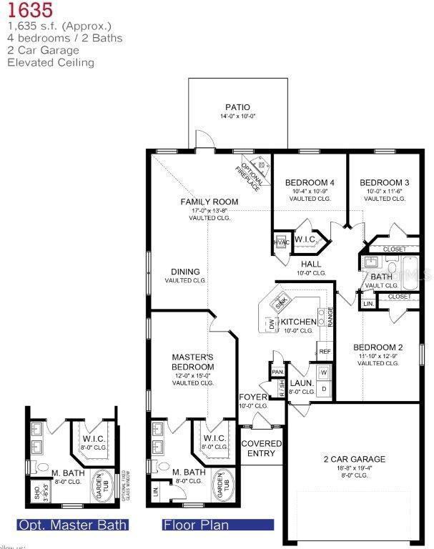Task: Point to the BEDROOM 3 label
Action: (384, 182)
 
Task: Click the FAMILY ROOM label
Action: (209, 202)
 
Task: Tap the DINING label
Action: (185, 272)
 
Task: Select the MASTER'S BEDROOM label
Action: (193, 362)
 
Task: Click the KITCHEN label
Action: (298, 322)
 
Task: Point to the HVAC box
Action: (280, 243)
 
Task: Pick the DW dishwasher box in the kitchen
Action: (272, 325)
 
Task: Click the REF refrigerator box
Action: (325, 352)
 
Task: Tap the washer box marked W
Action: (323, 372)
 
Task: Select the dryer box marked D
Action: (323, 389)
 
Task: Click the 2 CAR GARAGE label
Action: (353, 459)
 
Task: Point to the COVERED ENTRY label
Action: (261, 448)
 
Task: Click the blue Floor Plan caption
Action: (197, 525)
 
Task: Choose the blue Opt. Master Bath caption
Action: (72, 525)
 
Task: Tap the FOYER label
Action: (253, 397)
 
